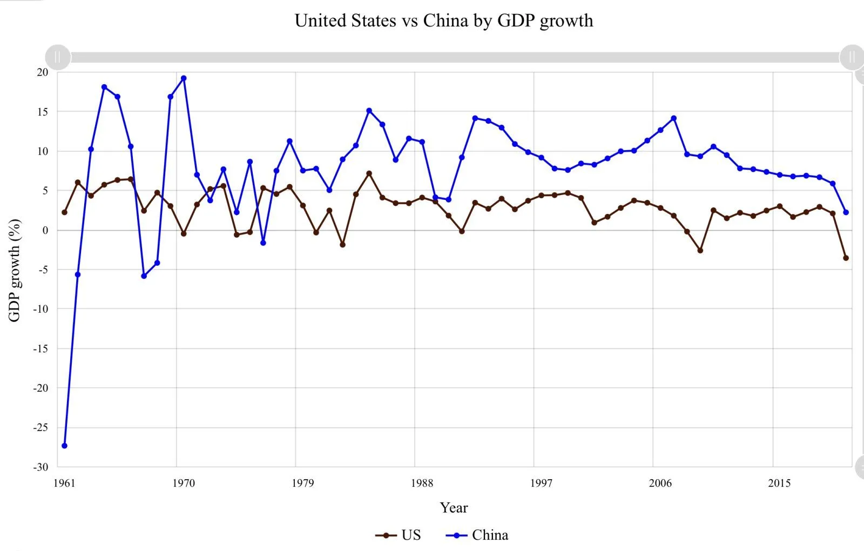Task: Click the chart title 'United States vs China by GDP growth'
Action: click(443, 21)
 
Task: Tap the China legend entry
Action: click(477, 535)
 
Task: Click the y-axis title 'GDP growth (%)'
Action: click(15, 270)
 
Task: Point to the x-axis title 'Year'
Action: click(454, 508)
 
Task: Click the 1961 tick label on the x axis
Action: click(64, 483)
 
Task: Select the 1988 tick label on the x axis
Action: click(422, 483)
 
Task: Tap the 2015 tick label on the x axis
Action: click(779, 483)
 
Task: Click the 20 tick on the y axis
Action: click(42, 72)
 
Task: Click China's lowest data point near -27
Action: click(64, 446)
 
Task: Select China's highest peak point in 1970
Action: click(184, 78)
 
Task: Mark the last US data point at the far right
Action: click(846, 258)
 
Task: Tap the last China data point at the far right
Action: click(846, 212)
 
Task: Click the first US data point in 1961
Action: click(64, 212)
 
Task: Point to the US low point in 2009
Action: click(700, 251)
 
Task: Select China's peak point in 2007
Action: click(673, 118)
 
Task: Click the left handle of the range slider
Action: click(58, 57)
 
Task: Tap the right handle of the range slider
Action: click(852, 57)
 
